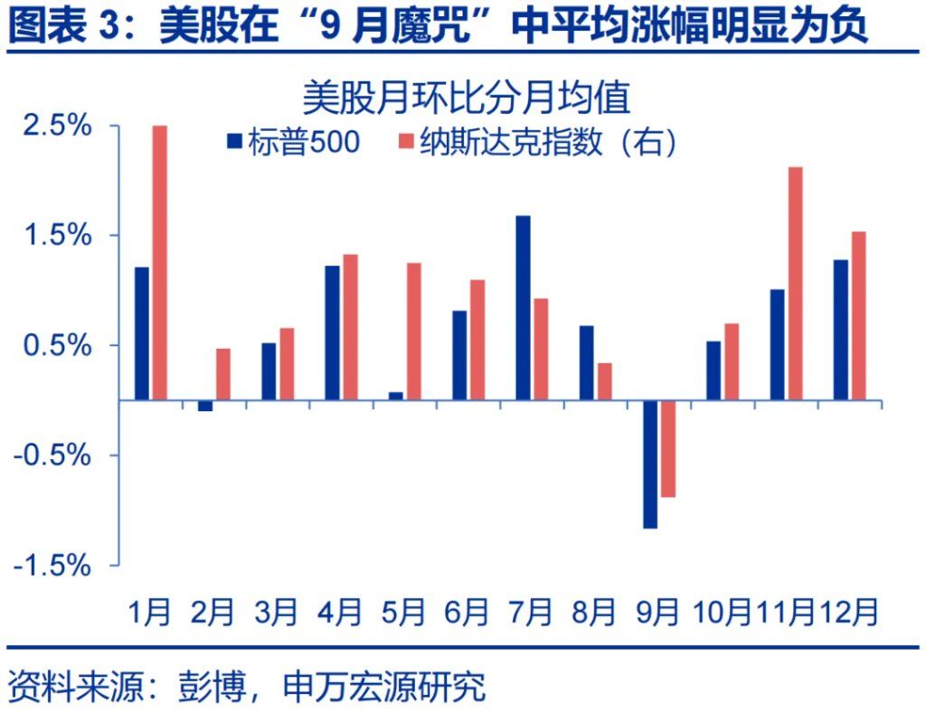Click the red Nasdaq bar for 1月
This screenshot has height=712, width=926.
[x=159, y=262]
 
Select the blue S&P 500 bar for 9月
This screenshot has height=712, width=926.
[x=650, y=464]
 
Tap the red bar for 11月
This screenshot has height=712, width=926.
[x=795, y=283]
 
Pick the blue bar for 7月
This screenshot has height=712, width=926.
[x=523, y=307]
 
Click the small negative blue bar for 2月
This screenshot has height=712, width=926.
[x=205, y=406]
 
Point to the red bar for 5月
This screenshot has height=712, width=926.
[x=414, y=331]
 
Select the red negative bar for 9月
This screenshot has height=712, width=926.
[x=668, y=448]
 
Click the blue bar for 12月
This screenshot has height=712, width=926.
[x=841, y=330]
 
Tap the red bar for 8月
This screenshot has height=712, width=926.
[x=604, y=380]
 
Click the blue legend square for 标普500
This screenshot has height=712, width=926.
[x=234, y=141]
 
